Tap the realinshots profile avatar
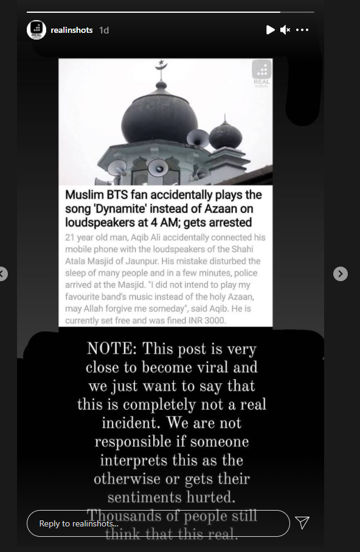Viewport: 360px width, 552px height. tap(36, 30)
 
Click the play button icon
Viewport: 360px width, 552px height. tap(271, 30)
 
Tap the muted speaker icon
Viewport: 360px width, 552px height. tap(285, 30)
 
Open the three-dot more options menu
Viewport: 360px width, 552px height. tap(302, 30)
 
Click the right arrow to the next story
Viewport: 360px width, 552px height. tap(341, 274)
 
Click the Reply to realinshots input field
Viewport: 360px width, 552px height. tap(158, 523)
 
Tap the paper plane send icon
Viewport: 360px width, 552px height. tap(302, 523)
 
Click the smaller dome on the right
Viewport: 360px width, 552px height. tap(225, 135)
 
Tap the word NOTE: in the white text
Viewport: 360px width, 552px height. tap(112, 349)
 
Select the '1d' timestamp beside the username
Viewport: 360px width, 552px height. tap(104, 30)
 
